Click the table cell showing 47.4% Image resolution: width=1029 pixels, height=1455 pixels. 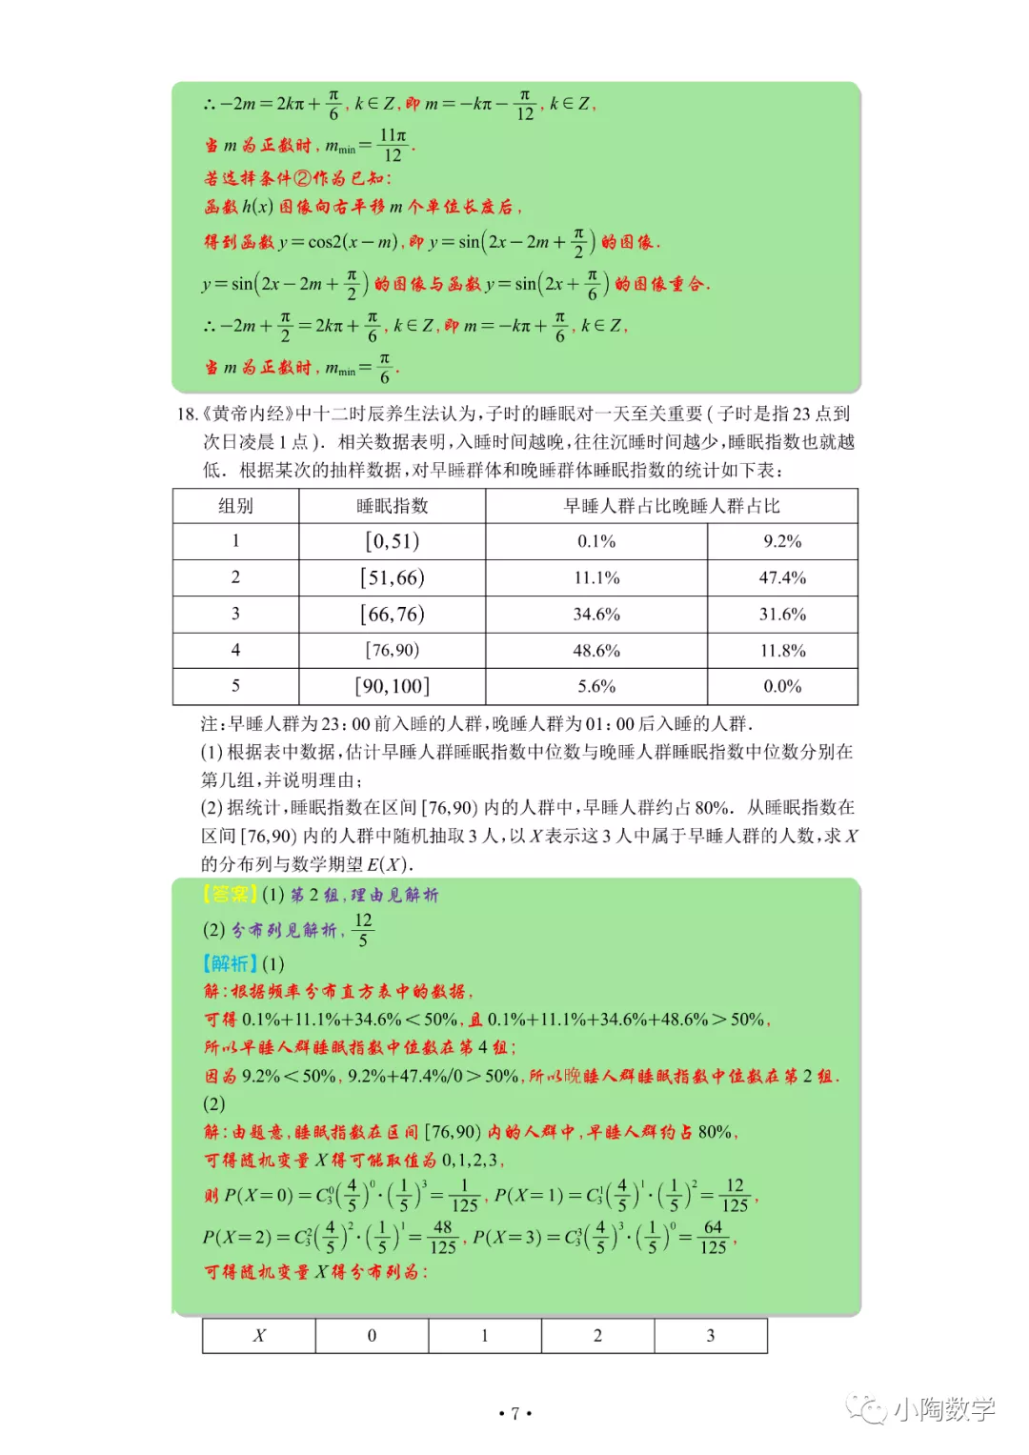782,577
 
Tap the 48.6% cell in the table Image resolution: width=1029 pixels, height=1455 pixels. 596,651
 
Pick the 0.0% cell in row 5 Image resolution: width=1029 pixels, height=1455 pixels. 782,686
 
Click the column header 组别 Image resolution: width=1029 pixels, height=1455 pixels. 235,506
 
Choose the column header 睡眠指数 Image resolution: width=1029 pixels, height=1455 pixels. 393,506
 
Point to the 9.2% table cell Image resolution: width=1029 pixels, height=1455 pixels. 782,541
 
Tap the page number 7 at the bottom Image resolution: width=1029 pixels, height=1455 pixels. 514,1414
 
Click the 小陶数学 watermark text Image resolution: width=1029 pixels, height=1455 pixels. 943,1409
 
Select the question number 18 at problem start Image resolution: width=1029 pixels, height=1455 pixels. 187,414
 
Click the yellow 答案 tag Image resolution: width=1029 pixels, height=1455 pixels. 230,895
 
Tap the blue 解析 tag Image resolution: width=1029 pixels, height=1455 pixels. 230,964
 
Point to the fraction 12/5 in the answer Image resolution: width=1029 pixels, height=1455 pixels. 362,930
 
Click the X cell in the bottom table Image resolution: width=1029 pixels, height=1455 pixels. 259,1336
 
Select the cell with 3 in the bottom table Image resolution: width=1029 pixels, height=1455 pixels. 711,1336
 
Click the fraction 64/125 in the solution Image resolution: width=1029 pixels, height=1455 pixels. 713,1238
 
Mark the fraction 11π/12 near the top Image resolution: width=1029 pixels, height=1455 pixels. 393,146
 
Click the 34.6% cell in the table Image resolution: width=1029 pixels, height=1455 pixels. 596,615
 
